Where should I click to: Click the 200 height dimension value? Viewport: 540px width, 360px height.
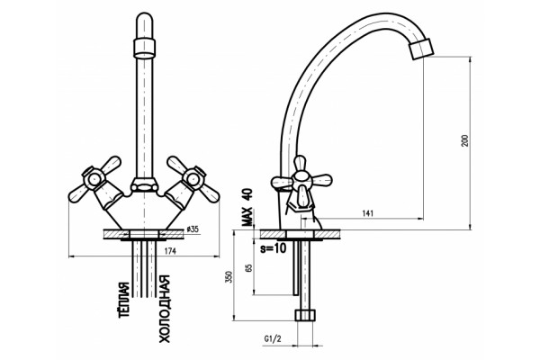click(465, 140)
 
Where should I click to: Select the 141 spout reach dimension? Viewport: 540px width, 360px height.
click(367, 213)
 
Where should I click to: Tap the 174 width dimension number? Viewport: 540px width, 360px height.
click(170, 251)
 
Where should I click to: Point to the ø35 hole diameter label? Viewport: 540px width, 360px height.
click(193, 229)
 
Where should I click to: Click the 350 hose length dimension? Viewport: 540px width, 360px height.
click(229, 276)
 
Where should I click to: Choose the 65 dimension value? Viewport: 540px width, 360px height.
click(248, 267)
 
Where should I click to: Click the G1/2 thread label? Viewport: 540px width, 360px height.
click(273, 339)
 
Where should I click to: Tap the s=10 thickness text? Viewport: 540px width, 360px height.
click(273, 247)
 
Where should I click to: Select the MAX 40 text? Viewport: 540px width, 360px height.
click(247, 207)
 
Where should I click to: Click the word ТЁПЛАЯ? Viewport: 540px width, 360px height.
click(124, 301)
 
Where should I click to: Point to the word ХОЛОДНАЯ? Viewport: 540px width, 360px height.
click(164, 310)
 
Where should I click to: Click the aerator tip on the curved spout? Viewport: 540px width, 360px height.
click(421, 49)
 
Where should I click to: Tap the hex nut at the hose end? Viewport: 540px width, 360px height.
click(305, 315)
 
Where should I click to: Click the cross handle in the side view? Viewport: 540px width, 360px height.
click(301, 182)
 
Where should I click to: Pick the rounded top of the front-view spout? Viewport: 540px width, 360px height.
click(144, 26)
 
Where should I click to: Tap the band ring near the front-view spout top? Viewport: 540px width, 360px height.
click(144, 47)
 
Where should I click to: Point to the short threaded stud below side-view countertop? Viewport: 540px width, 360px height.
click(295, 267)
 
